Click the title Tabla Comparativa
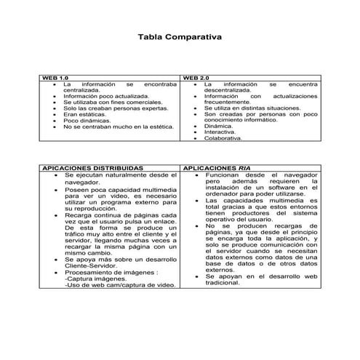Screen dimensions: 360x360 click(180, 36)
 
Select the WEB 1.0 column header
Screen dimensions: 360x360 click(55, 77)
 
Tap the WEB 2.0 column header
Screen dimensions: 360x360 click(196, 77)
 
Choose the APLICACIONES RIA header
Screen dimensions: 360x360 click(219, 167)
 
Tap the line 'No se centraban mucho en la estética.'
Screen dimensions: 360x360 click(119, 127)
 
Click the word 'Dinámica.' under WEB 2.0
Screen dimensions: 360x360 click(218, 125)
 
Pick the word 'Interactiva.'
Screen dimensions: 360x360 click(220, 132)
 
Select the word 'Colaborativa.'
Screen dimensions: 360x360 click(223, 138)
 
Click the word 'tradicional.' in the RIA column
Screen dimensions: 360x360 click(222, 283)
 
